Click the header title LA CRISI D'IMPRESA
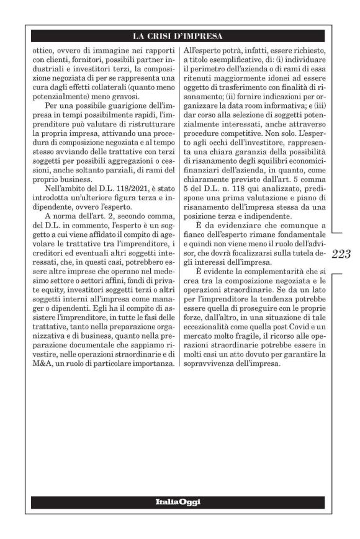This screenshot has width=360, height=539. [180, 35]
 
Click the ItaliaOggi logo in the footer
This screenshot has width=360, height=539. [180, 501]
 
